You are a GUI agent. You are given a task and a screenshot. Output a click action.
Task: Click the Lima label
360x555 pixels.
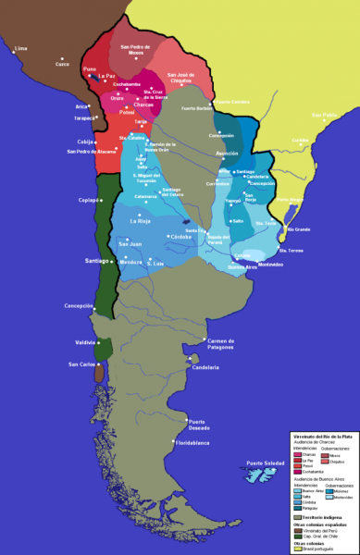pos(20,47)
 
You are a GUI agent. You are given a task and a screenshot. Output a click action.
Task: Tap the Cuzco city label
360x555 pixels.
pos(37,64)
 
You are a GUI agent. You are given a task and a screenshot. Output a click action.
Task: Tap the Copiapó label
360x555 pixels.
pos(88,200)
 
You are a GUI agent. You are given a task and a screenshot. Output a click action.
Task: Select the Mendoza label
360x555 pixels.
pos(131,262)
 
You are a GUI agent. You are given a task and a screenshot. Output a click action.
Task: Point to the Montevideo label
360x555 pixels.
pos(270,265)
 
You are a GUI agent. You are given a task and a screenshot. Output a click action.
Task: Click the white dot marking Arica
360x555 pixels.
pos(92,106)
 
